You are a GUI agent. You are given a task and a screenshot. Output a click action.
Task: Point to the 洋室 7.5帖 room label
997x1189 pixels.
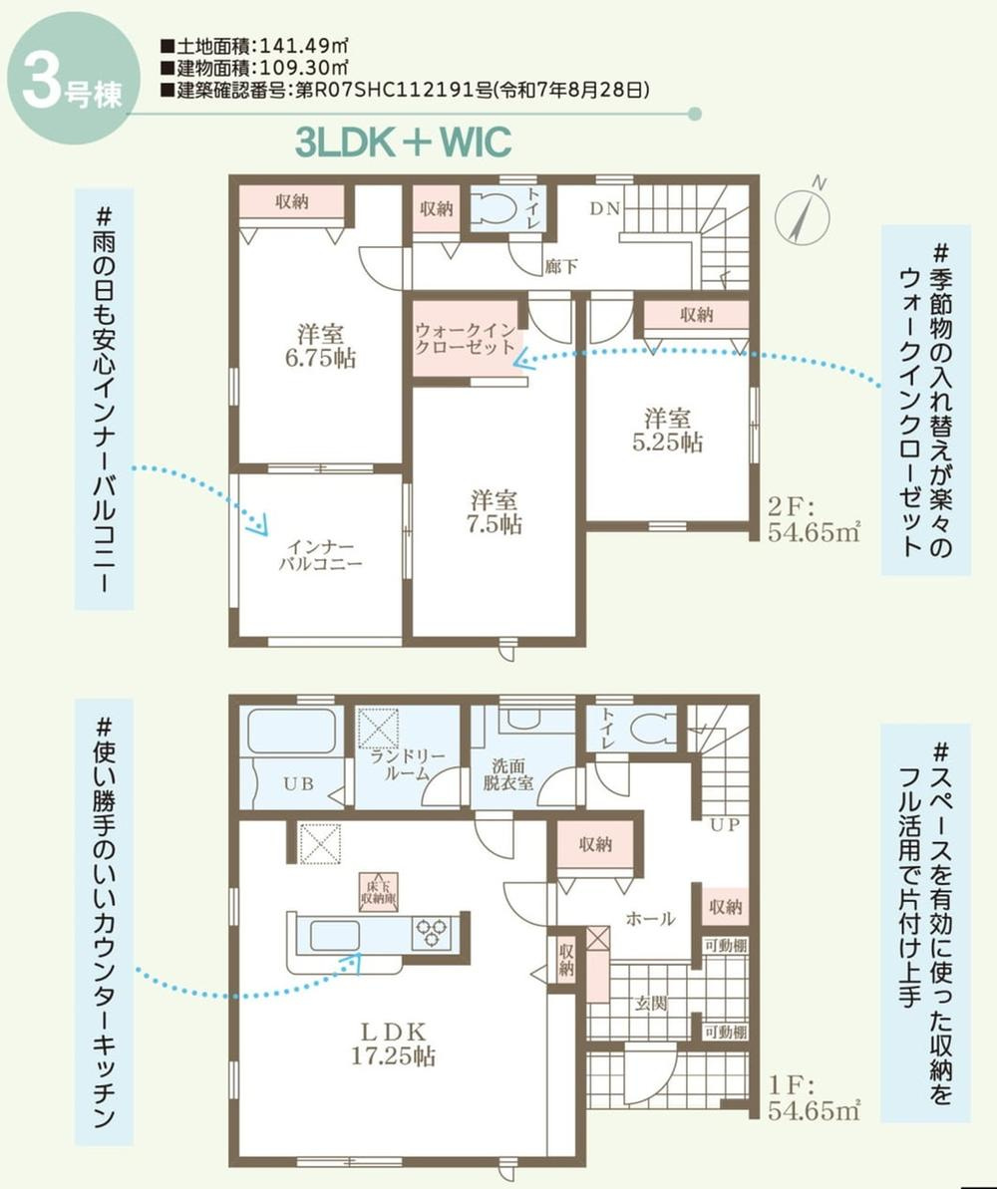[496, 512]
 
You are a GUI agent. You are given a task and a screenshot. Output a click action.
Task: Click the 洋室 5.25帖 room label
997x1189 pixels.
[667, 430]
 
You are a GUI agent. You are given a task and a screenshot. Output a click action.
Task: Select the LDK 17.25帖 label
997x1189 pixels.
[392, 1042]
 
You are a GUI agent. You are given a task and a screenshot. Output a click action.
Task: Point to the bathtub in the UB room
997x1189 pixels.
[291, 732]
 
